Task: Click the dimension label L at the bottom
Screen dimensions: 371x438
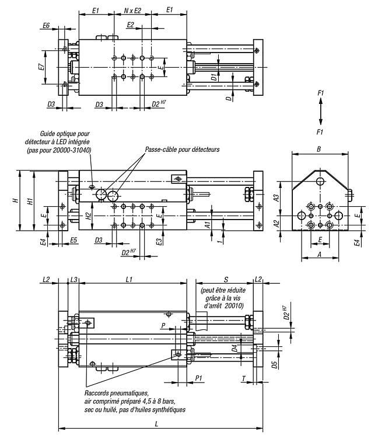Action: [156, 424]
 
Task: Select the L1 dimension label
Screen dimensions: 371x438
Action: [129, 279]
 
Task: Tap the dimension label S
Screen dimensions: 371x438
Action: [226, 279]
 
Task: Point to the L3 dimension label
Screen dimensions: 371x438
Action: [73, 279]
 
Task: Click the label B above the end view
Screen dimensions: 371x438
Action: [319, 149]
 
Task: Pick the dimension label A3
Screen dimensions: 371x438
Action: [276, 198]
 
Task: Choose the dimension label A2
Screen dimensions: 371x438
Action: [276, 224]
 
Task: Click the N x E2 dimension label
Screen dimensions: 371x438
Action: [133, 11]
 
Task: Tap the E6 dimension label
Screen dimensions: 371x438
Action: [46, 26]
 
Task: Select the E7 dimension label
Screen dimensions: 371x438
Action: [41, 67]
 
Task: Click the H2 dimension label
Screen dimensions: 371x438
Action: [88, 216]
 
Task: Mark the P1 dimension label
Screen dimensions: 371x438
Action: [198, 378]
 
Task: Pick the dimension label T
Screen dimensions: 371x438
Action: [244, 379]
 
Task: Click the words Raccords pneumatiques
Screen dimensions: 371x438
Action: [116, 393]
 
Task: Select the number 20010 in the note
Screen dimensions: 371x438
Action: [236, 305]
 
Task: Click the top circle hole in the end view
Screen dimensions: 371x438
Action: [320, 181]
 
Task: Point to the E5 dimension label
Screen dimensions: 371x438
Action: [73, 240]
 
